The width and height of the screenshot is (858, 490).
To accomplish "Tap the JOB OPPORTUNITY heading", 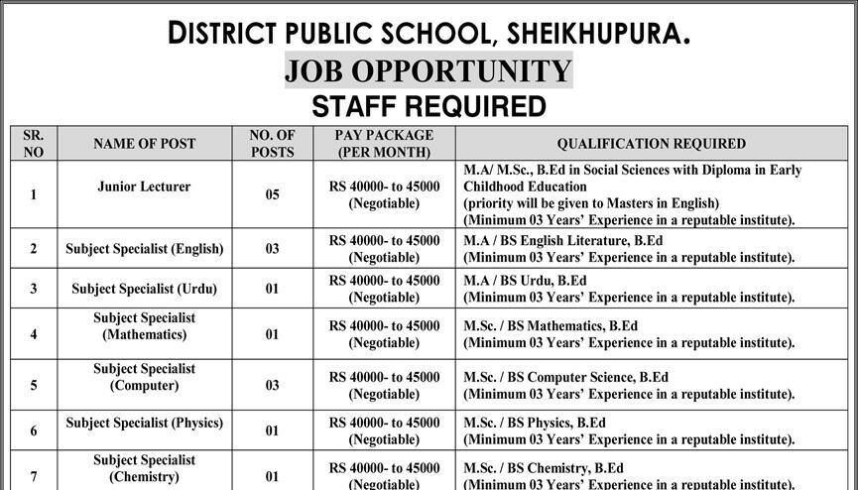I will [429, 70].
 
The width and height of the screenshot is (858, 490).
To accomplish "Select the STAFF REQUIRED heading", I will [429, 106].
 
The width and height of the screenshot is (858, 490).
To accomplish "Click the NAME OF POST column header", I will [145, 144].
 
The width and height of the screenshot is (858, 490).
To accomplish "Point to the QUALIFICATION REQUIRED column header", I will [651, 144].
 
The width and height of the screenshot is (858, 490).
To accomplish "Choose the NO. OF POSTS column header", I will [273, 144].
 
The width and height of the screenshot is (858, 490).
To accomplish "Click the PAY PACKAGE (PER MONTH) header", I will [384, 144].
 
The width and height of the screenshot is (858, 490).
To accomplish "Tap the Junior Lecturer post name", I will [145, 186].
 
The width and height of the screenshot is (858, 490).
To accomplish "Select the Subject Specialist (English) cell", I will [145, 249].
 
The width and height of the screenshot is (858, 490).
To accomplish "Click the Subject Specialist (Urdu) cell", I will [145, 289].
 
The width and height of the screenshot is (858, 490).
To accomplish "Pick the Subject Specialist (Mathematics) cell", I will [145, 326].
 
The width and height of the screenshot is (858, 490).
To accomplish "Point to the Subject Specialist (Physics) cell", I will [145, 423].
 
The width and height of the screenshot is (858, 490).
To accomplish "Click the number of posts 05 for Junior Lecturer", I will [273, 195].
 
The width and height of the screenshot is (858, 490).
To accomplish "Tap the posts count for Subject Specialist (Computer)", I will [273, 386].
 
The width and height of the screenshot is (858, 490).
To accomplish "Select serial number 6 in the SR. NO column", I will [34, 431].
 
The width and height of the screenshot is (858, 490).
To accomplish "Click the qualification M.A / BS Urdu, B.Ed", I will [526, 281].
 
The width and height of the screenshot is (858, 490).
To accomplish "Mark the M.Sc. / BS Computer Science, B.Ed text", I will [566, 377].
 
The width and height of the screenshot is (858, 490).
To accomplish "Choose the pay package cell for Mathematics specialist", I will [384, 333].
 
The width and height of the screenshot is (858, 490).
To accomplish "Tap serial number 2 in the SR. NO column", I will [34, 249].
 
